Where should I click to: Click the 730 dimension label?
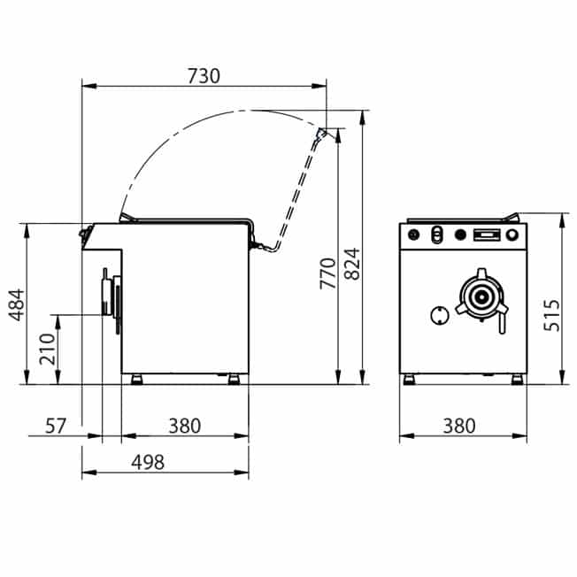click(x=204, y=76)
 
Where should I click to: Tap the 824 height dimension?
click(x=352, y=264)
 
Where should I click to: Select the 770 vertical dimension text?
click(x=327, y=273)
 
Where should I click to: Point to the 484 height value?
click(x=16, y=305)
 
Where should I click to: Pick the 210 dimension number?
click(x=47, y=349)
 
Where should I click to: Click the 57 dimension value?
click(x=55, y=426)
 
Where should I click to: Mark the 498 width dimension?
click(x=148, y=462)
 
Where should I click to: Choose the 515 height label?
click(x=551, y=315)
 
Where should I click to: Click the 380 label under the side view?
click(x=184, y=426)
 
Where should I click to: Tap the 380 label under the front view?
click(x=459, y=426)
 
